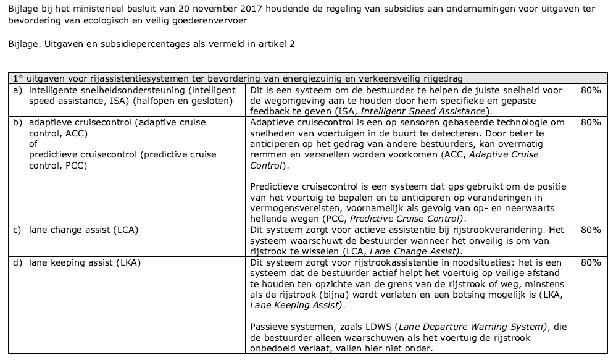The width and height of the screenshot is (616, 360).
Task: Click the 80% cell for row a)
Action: (591, 90)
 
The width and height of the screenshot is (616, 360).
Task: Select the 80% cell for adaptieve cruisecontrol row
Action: (591, 122)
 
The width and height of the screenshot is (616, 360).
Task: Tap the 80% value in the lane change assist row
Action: (591, 230)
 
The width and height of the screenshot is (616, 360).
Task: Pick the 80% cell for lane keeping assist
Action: (591, 262)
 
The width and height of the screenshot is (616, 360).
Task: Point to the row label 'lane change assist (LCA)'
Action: (83, 230)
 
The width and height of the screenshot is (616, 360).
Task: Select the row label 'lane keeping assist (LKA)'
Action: (85, 262)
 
